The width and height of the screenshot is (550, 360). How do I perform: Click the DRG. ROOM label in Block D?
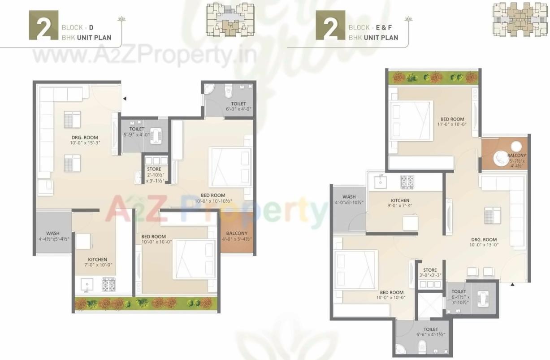tap(85, 138)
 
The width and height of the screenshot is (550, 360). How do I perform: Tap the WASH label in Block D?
tap(52, 233)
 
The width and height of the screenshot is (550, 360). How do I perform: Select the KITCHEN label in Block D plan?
tap(97, 260)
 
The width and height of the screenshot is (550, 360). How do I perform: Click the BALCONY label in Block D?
tap(237, 233)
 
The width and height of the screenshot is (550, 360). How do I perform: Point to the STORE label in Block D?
tap(154, 169)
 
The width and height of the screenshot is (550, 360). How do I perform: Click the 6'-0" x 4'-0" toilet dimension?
tap(238, 109)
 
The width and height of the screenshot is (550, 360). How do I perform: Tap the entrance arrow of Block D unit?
tap(125, 98)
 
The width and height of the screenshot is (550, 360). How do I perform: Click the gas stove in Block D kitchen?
tap(108, 284)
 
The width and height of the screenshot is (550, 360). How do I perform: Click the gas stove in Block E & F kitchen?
tap(407, 181)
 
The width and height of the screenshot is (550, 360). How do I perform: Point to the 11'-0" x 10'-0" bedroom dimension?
tap(451, 125)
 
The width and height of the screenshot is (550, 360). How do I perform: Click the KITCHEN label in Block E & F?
tap(400, 201)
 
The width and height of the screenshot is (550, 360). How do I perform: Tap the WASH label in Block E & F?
tap(349, 197)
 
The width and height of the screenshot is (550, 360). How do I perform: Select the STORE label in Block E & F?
tap(429, 270)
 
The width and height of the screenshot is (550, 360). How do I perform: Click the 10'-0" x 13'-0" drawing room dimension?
tap(484, 245)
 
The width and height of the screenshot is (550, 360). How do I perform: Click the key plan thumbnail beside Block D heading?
tap(230, 20)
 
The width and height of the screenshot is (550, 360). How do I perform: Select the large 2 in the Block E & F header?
tap(330, 27)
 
